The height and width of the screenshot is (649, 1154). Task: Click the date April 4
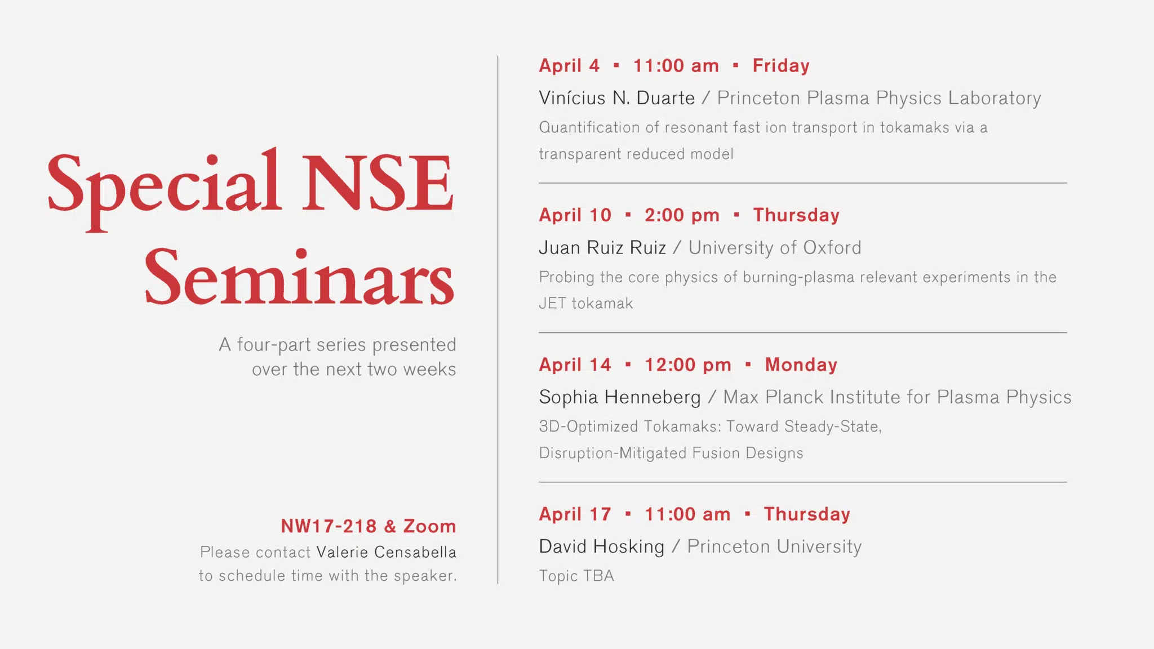(569, 66)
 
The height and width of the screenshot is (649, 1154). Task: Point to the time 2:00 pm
(682, 216)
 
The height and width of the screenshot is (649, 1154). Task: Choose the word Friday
(781, 66)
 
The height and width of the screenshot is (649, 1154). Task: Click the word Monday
(801, 365)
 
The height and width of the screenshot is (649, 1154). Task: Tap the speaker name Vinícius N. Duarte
(616, 98)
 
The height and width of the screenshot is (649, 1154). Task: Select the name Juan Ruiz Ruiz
(602, 248)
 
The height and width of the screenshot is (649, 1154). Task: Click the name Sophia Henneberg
(620, 398)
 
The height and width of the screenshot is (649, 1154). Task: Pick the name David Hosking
(601, 547)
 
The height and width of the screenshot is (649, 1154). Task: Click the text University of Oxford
(775, 248)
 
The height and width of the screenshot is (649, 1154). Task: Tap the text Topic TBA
(576, 576)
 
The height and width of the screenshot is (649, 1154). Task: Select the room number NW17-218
(329, 526)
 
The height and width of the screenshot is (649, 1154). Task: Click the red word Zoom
(429, 526)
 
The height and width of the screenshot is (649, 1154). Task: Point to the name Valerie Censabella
(386, 552)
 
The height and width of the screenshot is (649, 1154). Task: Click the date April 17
(575, 514)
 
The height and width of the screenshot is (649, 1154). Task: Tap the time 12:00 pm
(687, 365)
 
